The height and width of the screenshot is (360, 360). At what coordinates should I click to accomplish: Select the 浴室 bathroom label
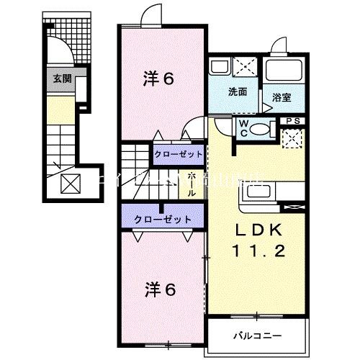click(x=280, y=96)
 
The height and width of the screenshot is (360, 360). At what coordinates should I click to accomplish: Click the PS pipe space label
click(x=293, y=121)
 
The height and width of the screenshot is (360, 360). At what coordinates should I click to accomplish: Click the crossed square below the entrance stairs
click(x=71, y=184)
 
